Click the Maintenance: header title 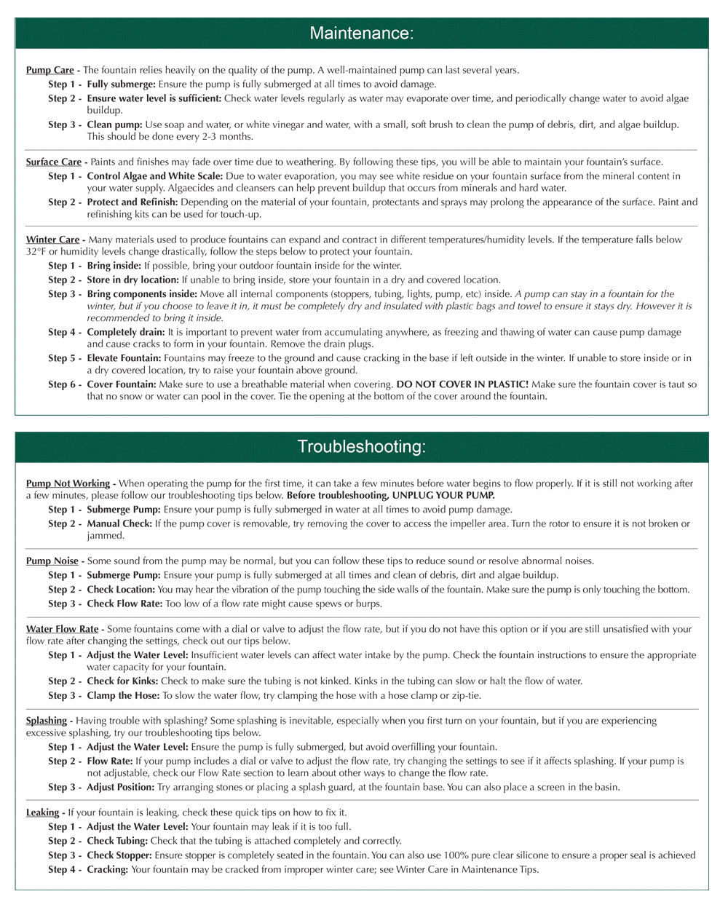coord(361,33)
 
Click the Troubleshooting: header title coord(361,446)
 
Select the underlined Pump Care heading coord(50,71)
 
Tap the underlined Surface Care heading coord(53,162)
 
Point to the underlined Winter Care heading coord(52,240)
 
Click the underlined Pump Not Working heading coord(68,483)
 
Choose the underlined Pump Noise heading coord(52,561)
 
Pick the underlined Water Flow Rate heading coord(62,629)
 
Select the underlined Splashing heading coord(46,721)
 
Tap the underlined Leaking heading coord(42,812)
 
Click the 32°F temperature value coord(36,252)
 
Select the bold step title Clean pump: coord(114,125)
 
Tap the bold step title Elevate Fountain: coord(124,358)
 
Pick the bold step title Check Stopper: coord(119,855)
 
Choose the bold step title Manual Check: coord(119,523)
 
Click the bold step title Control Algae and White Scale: coord(155,176)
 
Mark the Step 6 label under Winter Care coord(64,384)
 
